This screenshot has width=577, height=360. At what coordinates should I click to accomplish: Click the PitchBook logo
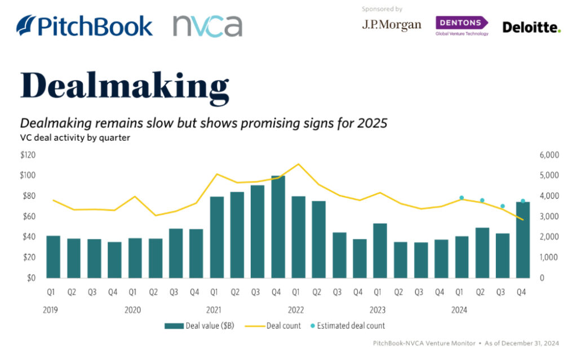(x=85, y=26)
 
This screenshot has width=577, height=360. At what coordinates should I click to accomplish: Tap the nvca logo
(x=207, y=26)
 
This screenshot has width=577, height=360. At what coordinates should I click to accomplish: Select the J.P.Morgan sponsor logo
(x=392, y=25)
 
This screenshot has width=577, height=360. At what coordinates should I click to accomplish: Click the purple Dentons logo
(x=462, y=26)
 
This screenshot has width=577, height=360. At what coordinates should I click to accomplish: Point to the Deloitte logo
(x=531, y=27)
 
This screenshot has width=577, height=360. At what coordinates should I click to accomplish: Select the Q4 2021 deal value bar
(x=278, y=226)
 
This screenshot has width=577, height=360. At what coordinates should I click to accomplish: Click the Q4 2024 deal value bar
(x=523, y=240)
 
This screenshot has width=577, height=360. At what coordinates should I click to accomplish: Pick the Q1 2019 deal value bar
(x=54, y=257)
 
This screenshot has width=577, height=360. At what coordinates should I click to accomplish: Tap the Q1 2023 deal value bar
(x=380, y=251)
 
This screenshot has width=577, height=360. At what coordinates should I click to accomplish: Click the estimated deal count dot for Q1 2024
(x=461, y=198)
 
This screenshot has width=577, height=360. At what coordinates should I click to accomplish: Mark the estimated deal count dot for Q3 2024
(x=503, y=206)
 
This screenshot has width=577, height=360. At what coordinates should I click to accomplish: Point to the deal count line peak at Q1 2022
(x=299, y=164)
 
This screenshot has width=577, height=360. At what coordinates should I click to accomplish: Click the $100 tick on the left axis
(x=28, y=175)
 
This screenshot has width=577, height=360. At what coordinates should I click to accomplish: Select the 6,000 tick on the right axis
(x=549, y=155)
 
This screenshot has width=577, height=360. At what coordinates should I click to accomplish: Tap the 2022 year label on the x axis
(x=296, y=310)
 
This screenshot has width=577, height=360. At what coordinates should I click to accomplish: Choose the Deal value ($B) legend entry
(x=199, y=326)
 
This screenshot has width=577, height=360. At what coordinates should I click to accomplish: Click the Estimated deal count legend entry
(x=348, y=326)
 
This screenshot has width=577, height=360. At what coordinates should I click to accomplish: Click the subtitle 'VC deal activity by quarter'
(x=75, y=137)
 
